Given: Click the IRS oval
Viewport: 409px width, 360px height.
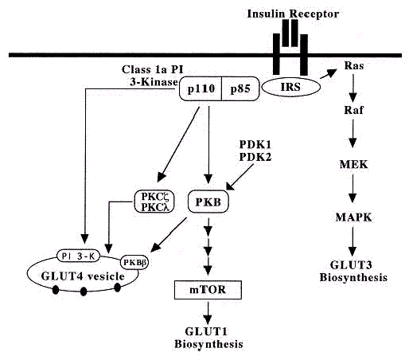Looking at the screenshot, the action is coord(291,87).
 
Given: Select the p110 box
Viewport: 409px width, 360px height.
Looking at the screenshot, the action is coord(201,88).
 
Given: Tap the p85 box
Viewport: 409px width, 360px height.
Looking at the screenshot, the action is coord(240,88).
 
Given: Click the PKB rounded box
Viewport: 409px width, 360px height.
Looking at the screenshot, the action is coord(208,202).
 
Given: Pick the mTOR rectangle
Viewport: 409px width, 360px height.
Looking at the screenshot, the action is coord(208,290).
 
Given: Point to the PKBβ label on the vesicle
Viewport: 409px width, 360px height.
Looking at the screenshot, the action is coord(134,263).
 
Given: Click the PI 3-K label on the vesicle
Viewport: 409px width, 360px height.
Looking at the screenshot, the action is coord(78,256).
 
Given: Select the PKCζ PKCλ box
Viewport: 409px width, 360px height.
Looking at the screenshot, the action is coord(154,202).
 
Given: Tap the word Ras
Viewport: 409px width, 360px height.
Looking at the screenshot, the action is coord(354,65).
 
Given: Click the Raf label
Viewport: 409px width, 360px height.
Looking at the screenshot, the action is coord(353,110).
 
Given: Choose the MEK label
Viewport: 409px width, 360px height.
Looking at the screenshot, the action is coord(353,165).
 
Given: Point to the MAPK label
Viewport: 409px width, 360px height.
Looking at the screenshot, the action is coord(353,217).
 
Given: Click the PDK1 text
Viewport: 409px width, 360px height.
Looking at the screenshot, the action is coord(255,145).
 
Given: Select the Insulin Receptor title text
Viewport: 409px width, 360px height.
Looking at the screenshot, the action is coord(293,14).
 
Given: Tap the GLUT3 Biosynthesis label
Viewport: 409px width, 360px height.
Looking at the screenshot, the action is coord(353,272).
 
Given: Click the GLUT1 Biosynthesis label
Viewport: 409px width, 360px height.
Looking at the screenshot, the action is coord(208,338).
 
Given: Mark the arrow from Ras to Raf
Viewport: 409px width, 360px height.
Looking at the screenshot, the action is coord(353,88).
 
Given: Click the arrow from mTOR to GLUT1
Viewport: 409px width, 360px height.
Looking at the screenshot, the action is coord(208,313).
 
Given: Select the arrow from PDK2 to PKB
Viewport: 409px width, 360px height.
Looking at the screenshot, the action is coord(240,177).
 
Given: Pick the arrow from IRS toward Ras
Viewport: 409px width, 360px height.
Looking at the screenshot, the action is coord(329,73).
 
